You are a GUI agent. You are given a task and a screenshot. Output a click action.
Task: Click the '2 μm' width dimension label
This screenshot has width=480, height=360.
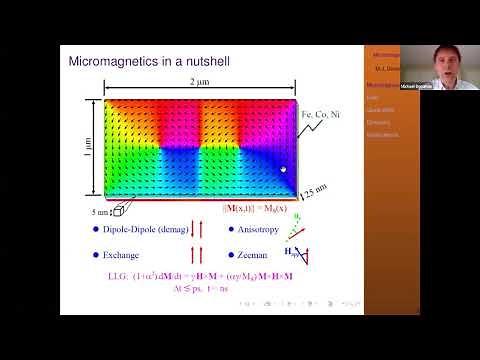click(x=205, y=81)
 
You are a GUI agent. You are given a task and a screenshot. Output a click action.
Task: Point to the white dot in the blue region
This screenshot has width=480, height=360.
click(x=283, y=170)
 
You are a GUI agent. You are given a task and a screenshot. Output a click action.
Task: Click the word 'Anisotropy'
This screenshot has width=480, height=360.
click(x=264, y=230)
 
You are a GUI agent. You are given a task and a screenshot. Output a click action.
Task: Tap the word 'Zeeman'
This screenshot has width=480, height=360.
click(x=257, y=257)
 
